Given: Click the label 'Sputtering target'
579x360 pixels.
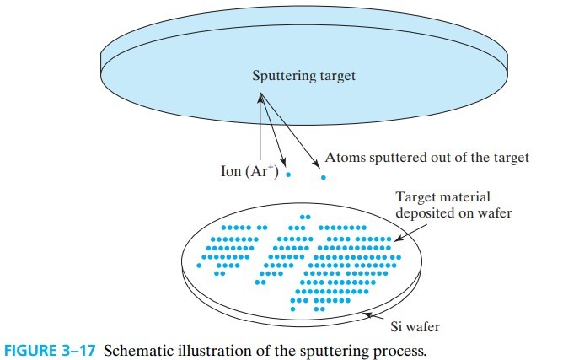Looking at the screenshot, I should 303,76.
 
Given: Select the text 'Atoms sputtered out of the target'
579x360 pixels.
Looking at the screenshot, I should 421,157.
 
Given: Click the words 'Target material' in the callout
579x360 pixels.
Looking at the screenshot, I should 439,198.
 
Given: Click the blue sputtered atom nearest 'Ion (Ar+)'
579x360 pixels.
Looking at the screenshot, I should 288,175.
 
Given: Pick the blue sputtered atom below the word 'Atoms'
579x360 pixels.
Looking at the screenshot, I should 323,178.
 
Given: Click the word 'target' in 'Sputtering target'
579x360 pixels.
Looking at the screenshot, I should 335,76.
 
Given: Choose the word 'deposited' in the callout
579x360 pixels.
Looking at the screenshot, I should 425,213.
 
